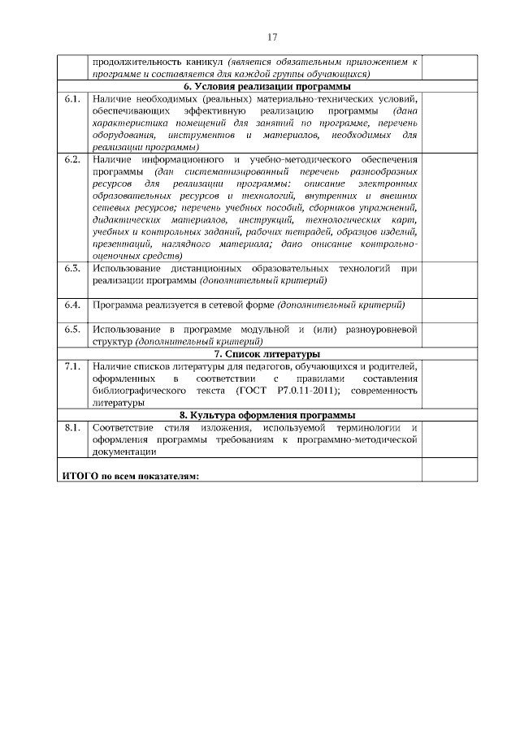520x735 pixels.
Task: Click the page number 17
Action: [x=272, y=37]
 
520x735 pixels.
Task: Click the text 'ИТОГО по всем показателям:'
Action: [x=130, y=475]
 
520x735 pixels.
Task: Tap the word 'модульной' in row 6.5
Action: [x=264, y=330]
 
